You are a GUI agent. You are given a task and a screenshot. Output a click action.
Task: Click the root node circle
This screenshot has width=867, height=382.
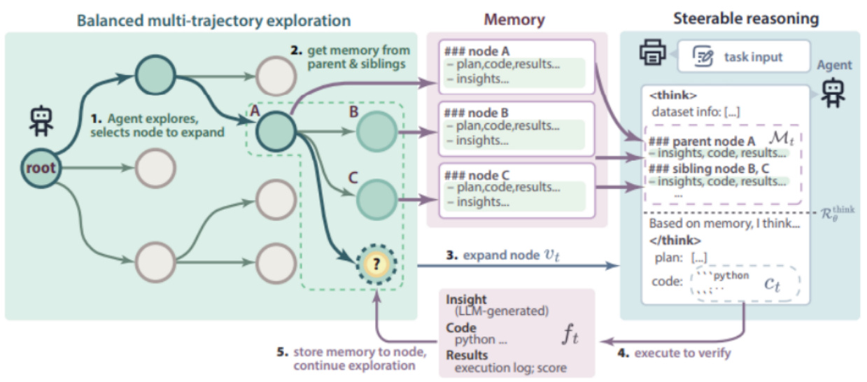pos(41,168)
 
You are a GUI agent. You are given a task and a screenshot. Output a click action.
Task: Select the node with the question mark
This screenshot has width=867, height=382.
pos(376,265)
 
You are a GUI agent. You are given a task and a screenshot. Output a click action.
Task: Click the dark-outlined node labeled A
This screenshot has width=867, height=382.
pos(274,129)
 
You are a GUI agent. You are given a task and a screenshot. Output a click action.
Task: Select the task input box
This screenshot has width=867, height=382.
pos(743,57)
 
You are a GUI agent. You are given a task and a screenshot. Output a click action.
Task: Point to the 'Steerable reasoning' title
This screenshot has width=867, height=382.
pos(745,18)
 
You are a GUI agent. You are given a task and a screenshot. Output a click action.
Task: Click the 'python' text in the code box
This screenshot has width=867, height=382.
pos(733,276)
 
